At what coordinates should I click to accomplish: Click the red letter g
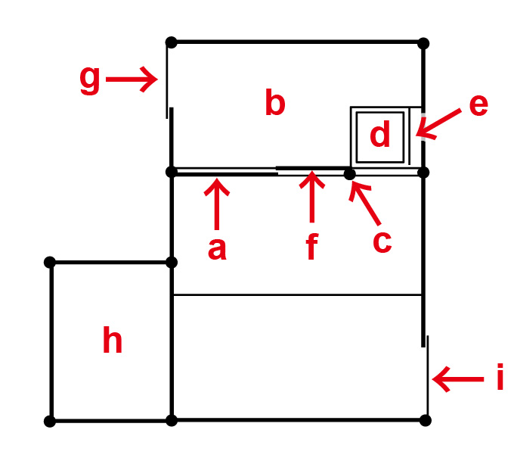(x=90, y=79)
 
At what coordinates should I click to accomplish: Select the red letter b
(x=275, y=104)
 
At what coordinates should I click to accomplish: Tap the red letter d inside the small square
(x=380, y=135)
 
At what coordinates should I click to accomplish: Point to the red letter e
(x=478, y=105)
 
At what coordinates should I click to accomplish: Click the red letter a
(x=217, y=248)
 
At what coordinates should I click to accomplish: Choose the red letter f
(x=311, y=248)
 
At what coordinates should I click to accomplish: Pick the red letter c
(x=382, y=241)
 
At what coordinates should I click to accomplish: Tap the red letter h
(x=113, y=342)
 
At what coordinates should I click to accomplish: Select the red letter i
(x=500, y=378)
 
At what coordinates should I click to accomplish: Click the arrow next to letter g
(x=131, y=79)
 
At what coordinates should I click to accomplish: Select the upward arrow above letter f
(x=311, y=199)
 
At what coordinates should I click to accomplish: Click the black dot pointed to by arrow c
(x=349, y=174)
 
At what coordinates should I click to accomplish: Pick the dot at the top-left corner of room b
(x=171, y=42)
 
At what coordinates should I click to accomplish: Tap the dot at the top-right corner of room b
(x=423, y=42)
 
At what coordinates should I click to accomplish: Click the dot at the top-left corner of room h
(x=50, y=262)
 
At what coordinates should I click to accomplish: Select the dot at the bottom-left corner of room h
(x=50, y=421)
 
